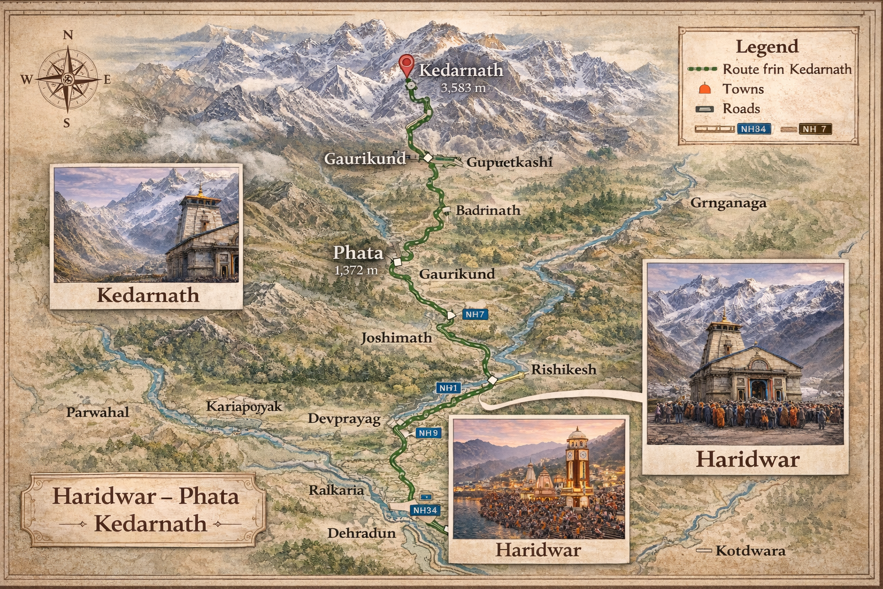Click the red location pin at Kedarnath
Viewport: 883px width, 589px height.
click(x=407, y=65)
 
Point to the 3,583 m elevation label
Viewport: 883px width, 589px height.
click(x=463, y=88)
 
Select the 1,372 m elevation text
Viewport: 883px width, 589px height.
click(x=356, y=269)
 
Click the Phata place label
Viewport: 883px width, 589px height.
click(x=358, y=253)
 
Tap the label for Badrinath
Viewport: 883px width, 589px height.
click(x=487, y=210)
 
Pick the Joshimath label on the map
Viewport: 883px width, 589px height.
click(x=396, y=338)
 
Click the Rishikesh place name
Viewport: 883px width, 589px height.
click(x=563, y=369)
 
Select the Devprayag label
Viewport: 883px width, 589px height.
click(x=344, y=418)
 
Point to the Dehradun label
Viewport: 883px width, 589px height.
click(x=362, y=533)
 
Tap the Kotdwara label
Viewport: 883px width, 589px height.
click(x=750, y=550)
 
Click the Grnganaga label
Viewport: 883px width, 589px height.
click(x=728, y=203)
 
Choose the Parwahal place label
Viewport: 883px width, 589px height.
click(x=97, y=412)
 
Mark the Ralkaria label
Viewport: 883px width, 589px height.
click(x=336, y=490)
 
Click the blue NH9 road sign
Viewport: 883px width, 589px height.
click(x=428, y=433)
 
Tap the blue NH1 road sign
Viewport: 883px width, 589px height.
click(x=448, y=388)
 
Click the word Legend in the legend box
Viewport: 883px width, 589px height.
click(x=767, y=47)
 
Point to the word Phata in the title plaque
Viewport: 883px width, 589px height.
click(x=208, y=496)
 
